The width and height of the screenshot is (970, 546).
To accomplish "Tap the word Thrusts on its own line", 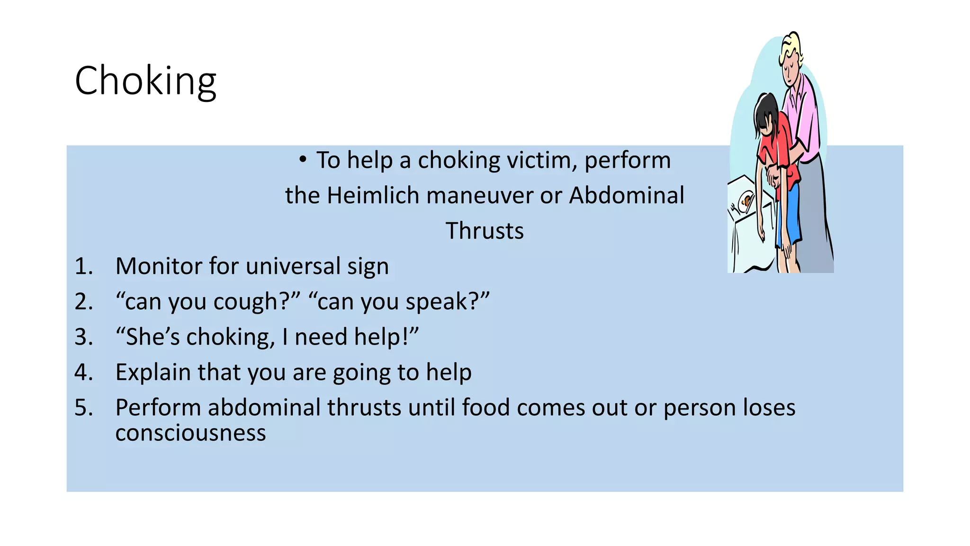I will (485, 231).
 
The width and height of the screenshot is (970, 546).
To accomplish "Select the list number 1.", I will (83, 266).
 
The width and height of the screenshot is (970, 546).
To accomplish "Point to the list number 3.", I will (83, 337).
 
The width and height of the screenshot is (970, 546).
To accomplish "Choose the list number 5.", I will (83, 408).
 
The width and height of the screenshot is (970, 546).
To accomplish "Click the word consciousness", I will (190, 433).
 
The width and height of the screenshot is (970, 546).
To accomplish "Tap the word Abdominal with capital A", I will (627, 196).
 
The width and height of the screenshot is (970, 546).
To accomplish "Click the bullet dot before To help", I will (303, 159).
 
